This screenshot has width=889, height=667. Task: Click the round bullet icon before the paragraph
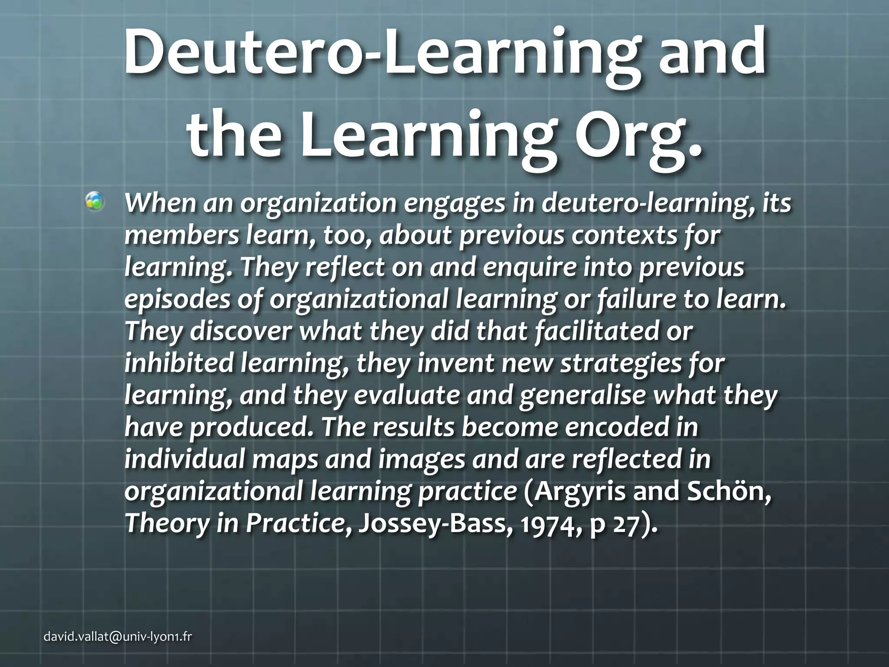[95, 201]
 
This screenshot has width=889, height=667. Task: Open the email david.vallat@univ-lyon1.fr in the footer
[118, 637]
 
